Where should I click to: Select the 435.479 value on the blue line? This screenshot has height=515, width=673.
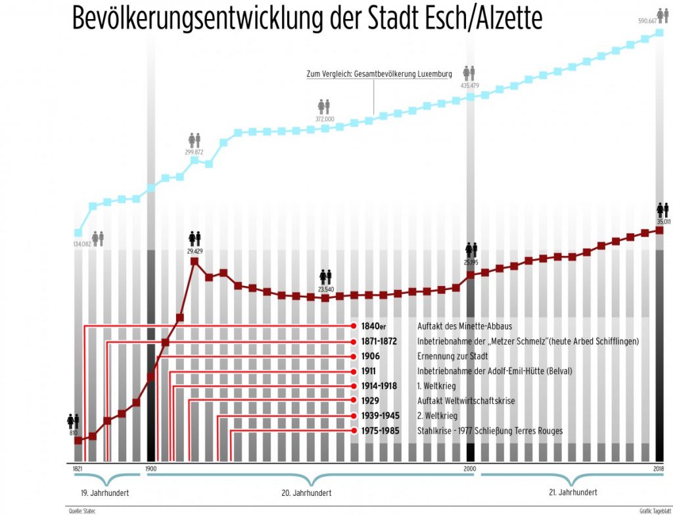point(469,86)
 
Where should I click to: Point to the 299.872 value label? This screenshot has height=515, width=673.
point(194,152)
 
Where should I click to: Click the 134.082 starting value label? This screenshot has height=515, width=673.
point(78,245)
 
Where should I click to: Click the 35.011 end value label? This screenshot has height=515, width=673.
point(663,222)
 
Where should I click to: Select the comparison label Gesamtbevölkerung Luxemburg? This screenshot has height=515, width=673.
point(402,74)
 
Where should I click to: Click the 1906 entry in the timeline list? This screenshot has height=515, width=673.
point(371,356)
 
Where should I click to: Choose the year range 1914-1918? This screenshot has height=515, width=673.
point(379,386)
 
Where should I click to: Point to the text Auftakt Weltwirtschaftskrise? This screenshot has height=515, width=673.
point(466,401)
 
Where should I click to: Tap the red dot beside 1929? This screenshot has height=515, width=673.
point(353,401)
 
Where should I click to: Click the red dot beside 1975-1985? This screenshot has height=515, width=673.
point(353,431)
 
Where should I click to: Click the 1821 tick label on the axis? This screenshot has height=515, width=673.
point(78,468)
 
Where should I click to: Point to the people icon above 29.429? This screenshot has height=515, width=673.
point(195,237)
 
